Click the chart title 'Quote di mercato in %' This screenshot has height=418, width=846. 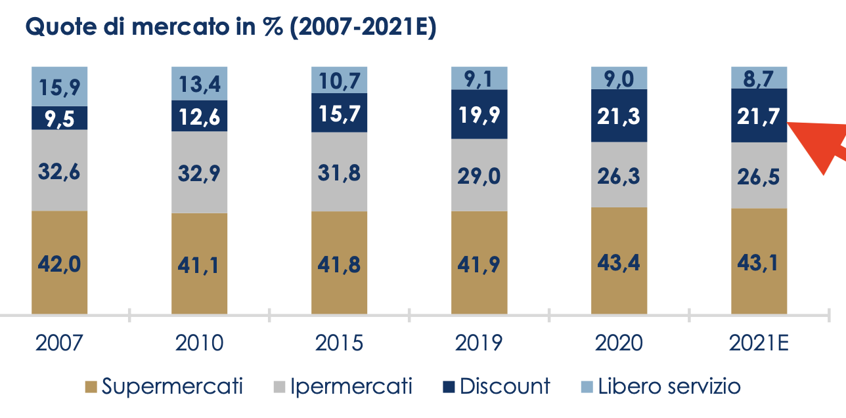pos(230,28)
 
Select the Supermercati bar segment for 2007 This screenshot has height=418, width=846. pos(59,262)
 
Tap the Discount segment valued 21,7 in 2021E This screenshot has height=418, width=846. pos(759,115)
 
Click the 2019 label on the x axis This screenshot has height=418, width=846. pos(479,343)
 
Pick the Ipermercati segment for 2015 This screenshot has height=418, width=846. pos(339,172)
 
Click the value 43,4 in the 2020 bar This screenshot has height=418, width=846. pos(619,262)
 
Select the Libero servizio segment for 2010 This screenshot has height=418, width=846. pos(199,83)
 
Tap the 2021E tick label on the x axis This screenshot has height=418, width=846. pos(759,343)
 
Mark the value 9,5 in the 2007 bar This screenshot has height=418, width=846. pos(59,119)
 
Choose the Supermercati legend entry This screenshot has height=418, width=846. pos(164,387)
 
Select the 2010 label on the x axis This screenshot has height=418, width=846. pos(199,343)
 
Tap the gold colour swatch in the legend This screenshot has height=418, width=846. pos(91,387)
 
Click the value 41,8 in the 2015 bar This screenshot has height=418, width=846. pos(339,264)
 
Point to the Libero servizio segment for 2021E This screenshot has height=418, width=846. pos(759,77)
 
